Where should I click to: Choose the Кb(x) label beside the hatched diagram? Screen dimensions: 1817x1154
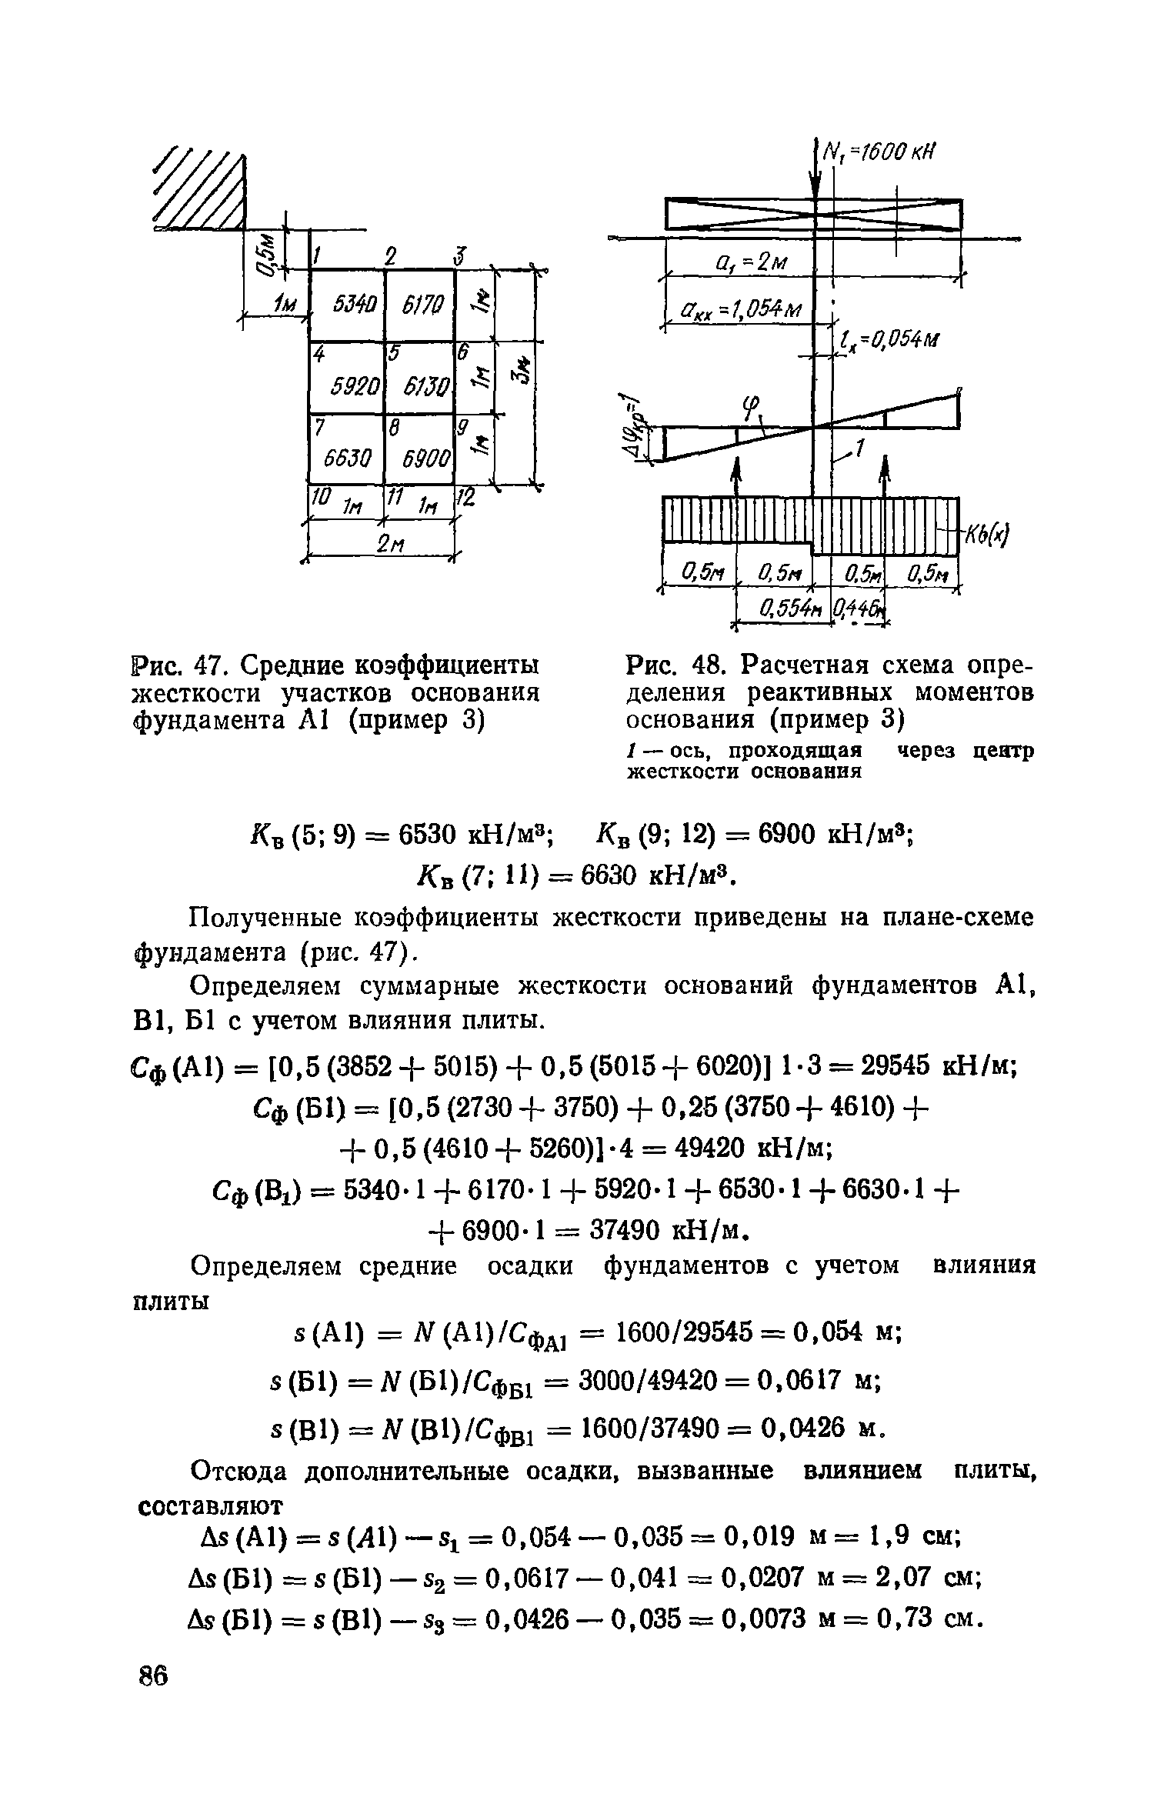coord(987,533)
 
